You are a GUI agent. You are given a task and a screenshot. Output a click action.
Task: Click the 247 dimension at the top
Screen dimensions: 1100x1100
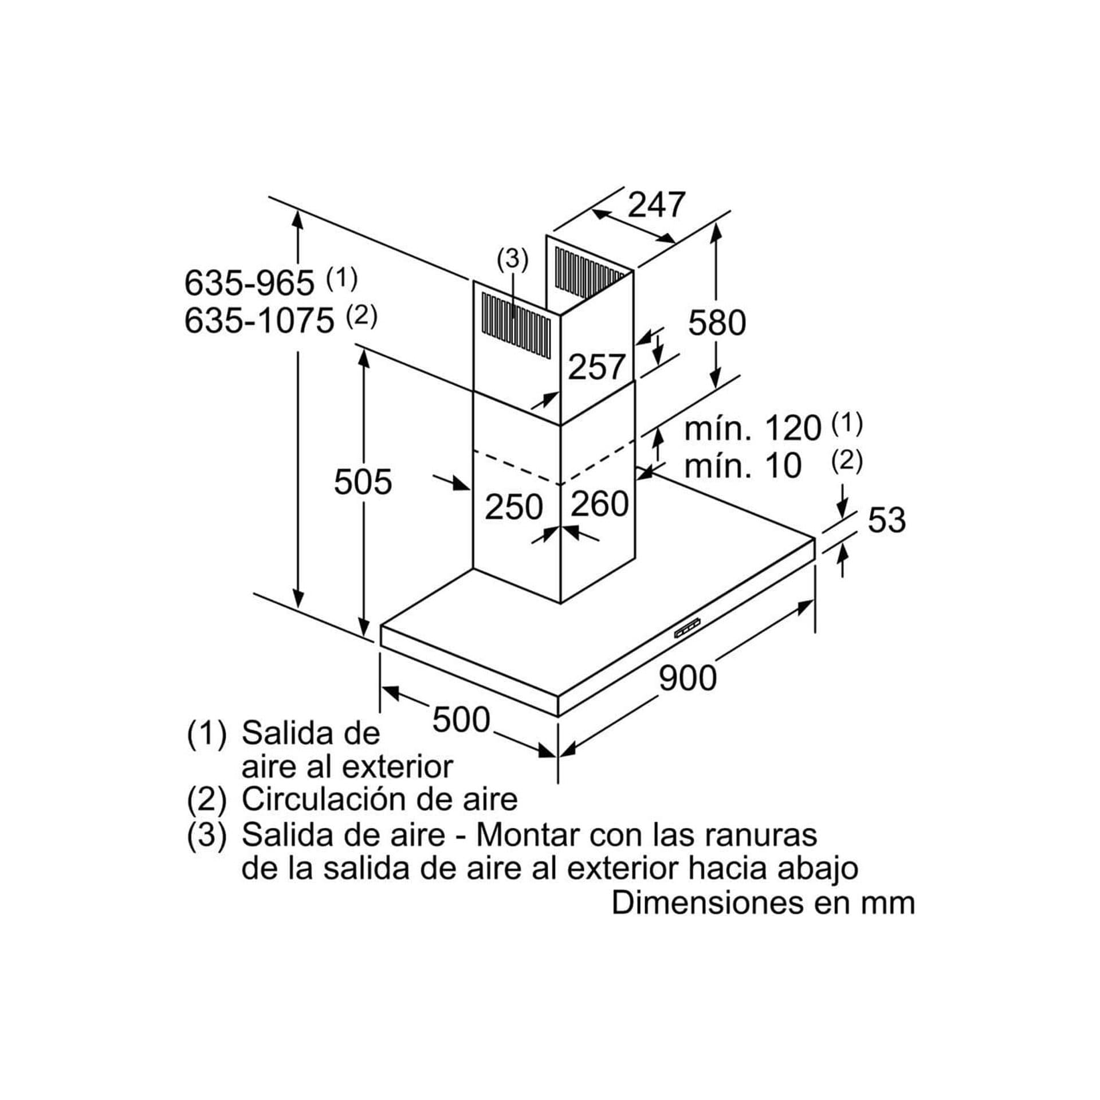657,205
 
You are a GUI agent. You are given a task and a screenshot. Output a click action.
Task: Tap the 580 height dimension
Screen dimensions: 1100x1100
717,323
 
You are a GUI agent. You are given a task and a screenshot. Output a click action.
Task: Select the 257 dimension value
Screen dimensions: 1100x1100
596,367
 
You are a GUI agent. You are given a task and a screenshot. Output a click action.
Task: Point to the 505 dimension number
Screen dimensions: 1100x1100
363,481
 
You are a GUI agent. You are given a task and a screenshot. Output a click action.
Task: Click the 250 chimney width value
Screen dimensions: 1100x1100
514,507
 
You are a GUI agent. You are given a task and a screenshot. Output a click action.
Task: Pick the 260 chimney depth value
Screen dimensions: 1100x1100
600,504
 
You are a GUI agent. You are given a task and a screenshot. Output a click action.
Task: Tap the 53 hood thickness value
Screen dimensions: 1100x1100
886,520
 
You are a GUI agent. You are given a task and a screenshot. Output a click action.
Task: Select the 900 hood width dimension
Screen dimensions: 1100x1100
687,678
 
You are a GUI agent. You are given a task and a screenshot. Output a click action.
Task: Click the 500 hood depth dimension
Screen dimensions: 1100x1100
461,720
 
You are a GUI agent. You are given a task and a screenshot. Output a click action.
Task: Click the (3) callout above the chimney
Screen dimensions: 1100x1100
512,260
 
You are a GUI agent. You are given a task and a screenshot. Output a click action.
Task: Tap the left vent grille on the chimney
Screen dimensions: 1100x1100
516,324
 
